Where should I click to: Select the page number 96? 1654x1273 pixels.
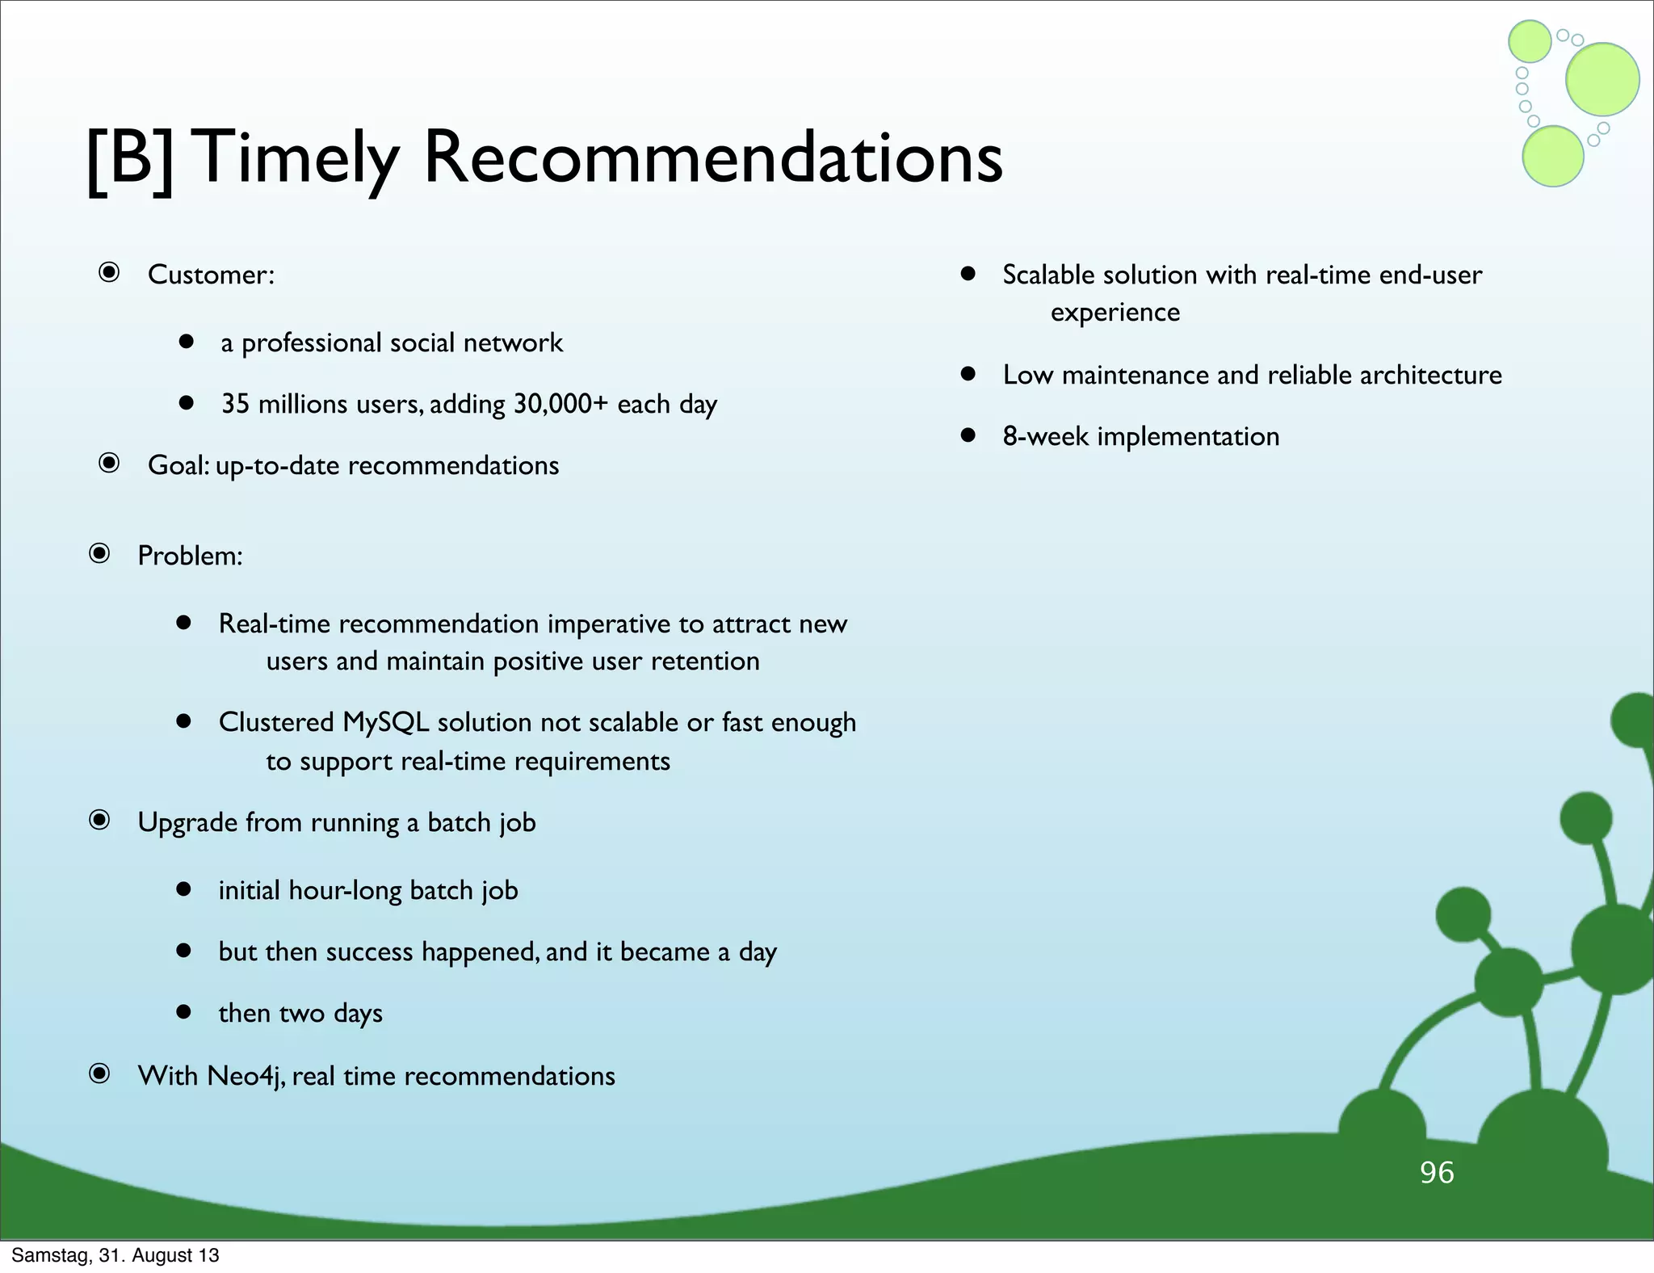click(1437, 1172)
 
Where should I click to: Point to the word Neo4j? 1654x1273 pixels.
click(246, 1077)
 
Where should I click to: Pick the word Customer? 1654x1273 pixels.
click(211, 275)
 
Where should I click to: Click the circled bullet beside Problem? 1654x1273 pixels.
click(99, 553)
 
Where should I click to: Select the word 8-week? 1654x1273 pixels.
click(1045, 436)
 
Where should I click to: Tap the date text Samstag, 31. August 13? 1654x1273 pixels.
click(115, 1255)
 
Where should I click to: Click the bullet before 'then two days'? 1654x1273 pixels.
click(184, 1011)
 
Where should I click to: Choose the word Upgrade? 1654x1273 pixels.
click(187, 823)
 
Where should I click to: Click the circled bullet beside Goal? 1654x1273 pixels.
click(109, 463)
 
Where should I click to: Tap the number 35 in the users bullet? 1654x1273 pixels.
click(235, 404)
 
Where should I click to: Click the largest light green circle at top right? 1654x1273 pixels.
click(1602, 79)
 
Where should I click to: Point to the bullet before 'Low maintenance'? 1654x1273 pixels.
click(968, 373)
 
